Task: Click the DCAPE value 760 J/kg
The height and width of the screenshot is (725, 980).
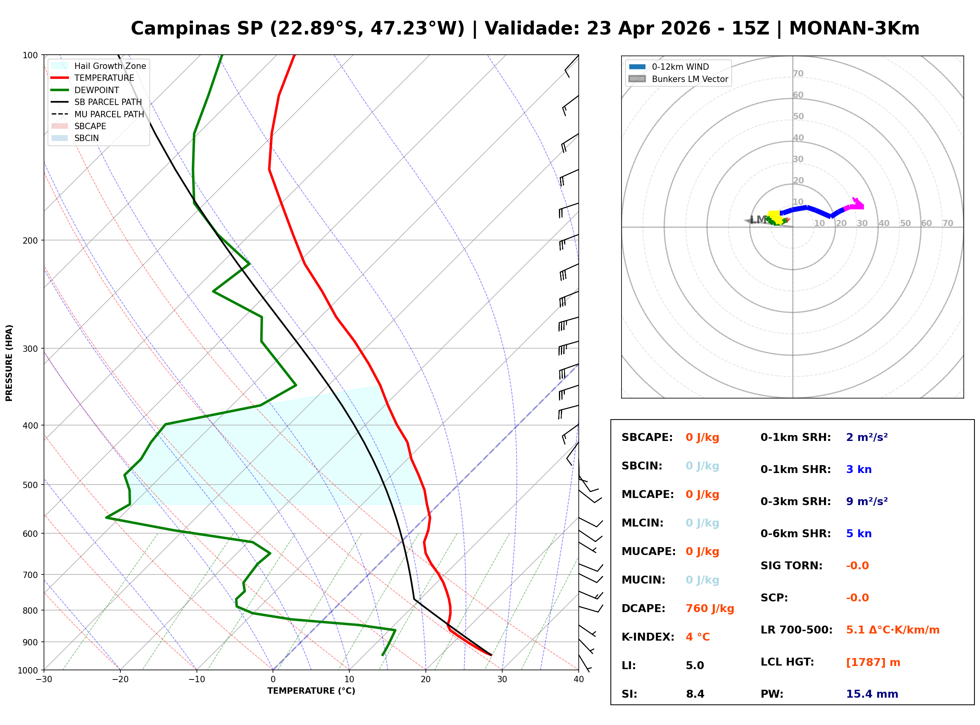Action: pos(709,608)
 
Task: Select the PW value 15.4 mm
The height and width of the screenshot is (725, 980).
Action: pos(871,694)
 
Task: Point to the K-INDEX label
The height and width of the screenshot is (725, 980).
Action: pos(648,637)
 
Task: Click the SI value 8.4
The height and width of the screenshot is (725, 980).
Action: pos(695,694)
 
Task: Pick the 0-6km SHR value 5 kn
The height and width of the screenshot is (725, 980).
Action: pos(858,533)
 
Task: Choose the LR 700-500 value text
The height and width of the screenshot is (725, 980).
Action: pos(892,630)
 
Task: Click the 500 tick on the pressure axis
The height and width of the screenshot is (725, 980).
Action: pos(30,485)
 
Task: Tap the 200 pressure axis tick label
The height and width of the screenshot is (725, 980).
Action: pos(30,240)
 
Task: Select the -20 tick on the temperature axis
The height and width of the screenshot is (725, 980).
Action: pos(120,679)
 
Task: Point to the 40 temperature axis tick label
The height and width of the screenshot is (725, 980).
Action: pos(578,679)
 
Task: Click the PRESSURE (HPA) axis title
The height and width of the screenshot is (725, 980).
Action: pos(9,362)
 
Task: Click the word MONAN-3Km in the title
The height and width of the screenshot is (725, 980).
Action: pos(854,29)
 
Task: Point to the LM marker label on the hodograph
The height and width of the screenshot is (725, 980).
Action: pos(758,219)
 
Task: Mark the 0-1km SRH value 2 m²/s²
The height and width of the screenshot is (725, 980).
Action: pos(866,437)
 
